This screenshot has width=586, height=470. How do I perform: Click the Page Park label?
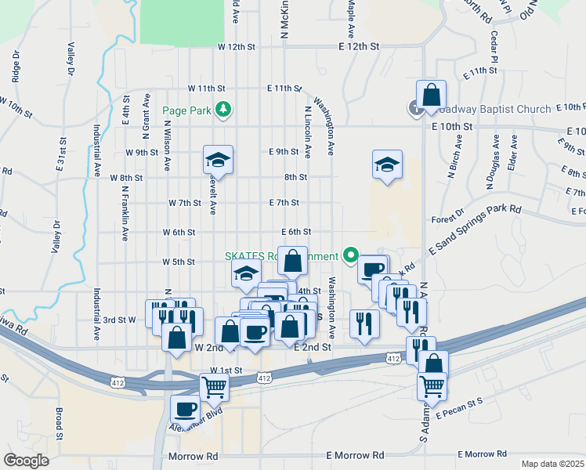click(186, 110)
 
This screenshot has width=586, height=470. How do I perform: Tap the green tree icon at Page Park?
click(224, 109)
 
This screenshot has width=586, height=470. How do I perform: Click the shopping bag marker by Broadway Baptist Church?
click(431, 96)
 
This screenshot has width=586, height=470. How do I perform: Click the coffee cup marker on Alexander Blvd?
click(186, 409)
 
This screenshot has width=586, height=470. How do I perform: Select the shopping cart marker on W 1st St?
click(214, 386)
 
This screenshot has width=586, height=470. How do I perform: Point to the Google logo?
click(26, 461)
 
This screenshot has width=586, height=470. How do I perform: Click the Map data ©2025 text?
click(552, 464)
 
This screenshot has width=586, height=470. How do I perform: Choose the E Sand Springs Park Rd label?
click(475, 229)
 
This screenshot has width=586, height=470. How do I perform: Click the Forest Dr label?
click(447, 216)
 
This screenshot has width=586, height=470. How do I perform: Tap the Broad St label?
click(58, 423)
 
